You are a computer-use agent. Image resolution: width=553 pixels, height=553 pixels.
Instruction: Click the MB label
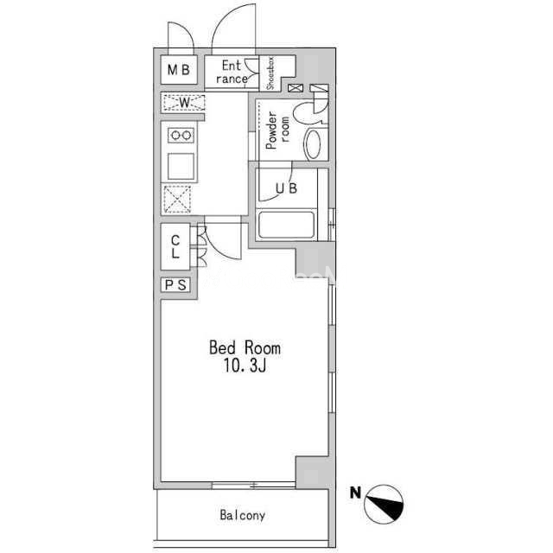coord(179,70)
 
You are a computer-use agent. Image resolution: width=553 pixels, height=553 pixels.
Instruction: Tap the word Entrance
coord(232,72)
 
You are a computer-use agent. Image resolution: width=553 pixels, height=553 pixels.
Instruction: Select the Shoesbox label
coord(270,73)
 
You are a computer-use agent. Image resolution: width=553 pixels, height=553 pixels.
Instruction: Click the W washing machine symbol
coord(183,103)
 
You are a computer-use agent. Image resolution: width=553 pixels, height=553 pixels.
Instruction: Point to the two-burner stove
coord(181,135)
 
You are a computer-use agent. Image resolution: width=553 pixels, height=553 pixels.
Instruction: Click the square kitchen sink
coord(181,167)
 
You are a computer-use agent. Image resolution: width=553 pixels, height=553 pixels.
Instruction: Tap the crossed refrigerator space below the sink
coord(177,200)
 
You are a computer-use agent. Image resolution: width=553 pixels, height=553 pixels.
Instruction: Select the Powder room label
coord(277,130)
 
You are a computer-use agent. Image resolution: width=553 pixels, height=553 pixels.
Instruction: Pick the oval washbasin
coord(313,144)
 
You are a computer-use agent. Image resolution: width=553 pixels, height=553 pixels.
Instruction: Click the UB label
coord(286,188)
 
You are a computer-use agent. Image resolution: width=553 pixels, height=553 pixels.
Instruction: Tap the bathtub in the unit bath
coord(286,225)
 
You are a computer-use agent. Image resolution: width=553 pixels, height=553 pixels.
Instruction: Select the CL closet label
coord(175,246)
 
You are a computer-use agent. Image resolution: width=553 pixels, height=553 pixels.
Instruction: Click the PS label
coord(175,285)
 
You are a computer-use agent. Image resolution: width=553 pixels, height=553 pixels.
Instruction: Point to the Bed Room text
coord(245,347)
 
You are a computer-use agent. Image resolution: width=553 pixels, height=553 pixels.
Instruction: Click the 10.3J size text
coord(245,366)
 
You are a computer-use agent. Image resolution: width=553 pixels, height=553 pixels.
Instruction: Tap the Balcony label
coord(242,515)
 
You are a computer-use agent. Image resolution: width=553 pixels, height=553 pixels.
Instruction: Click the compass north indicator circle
coord(384,504)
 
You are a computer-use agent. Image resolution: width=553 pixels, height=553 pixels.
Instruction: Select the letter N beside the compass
coord(355,493)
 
